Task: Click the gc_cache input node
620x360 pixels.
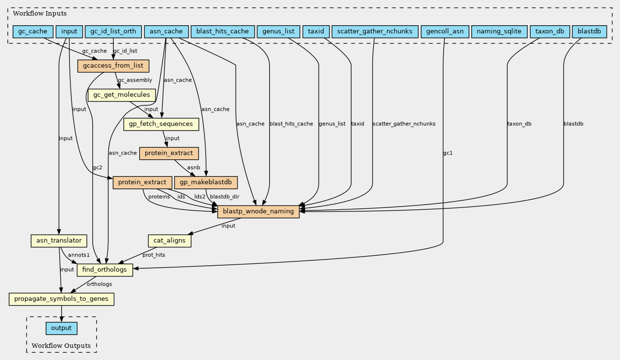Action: click(x=33, y=32)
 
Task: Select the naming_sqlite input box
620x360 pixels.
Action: click(x=499, y=32)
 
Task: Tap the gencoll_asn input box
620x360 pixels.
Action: click(x=445, y=32)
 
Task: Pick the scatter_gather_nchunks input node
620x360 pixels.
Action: click(x=375, y=32)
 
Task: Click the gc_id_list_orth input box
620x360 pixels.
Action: click(x=113, y=32)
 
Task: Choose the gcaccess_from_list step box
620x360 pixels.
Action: click(x=113, y=66)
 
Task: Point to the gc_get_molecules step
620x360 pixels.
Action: click(x=121, y=95)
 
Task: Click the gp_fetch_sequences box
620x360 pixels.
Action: click(x=161, y=124)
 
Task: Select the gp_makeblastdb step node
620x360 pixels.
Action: click(x=206, y=183)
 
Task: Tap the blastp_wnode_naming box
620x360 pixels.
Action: click(x=258, y=212)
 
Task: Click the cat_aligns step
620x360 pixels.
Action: click(x=170, y=241)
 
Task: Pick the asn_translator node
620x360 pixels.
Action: click(x=59, y=241)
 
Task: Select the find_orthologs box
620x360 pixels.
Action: click(x=104, y=270)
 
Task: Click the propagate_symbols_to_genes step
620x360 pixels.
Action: click(x=61, y=299)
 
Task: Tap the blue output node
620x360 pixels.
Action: click(x=61, y=328)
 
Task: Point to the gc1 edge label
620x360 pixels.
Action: click(x=448, y=153)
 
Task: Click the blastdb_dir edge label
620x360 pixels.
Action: click(x=224, y=197)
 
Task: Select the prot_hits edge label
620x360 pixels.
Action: click(x=154, y=255)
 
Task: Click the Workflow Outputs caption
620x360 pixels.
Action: click(x=61, y=345)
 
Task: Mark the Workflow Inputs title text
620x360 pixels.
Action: click(x=40, y=14)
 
